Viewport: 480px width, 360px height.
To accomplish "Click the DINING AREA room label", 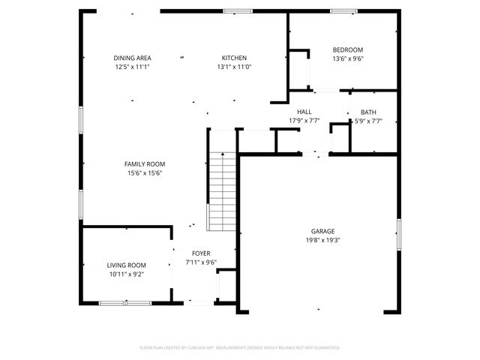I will point(133,58).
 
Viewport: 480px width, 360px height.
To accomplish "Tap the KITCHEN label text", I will point(234,58).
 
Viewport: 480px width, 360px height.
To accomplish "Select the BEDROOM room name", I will point(348,50).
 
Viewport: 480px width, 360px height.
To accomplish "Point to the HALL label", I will point(304,112).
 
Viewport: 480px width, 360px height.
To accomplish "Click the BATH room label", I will point(368,112).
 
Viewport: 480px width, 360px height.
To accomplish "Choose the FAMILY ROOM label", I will point(145,164).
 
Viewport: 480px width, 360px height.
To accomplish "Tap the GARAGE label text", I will point(323,231).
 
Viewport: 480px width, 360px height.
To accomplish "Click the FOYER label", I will point(201,253).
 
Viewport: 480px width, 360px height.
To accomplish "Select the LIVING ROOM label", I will point(126,265).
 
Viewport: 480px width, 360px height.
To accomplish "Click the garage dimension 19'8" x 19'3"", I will point(323,240).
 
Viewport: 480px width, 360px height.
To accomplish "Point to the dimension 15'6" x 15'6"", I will point(145,173).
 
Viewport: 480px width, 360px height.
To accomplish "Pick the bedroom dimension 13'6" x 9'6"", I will point(348,59).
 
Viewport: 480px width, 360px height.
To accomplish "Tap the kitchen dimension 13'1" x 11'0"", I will point(234,67).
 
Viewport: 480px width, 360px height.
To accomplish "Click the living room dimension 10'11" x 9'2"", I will point(126,274).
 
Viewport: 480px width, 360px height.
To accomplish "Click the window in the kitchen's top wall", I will point(238,11).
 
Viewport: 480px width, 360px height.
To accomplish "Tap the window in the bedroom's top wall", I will point(344,11).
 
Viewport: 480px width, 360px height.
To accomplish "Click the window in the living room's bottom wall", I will point(120,303).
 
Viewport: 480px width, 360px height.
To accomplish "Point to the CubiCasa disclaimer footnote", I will point(240,347).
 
